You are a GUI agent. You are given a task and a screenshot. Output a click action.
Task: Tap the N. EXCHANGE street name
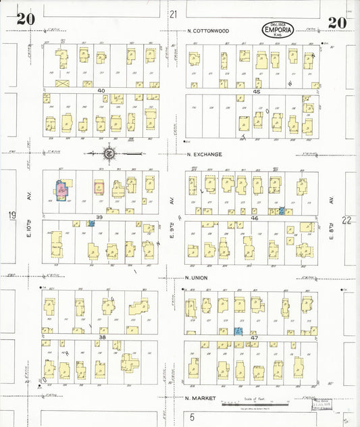(x=205, y=154)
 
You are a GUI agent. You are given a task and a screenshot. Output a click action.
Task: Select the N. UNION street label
(x=199, y=277)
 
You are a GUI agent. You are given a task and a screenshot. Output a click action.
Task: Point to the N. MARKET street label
(x=201, y=398)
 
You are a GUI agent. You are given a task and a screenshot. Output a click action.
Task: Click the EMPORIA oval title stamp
(x=278, y=30)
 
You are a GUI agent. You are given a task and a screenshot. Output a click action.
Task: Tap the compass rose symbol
(x=110, y=152)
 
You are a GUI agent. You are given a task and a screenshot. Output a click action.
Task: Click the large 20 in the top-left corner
(x=26, y=19)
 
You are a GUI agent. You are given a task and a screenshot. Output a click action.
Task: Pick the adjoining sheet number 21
(x=174, y=14)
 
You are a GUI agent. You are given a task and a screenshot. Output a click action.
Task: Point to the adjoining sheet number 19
(x=11, y=216)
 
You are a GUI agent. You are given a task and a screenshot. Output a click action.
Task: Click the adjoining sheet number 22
(x=347, y=220)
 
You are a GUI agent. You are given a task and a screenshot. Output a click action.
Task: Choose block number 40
(x=101, y=91)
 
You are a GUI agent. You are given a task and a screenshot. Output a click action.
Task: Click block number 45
(x=257, y=91)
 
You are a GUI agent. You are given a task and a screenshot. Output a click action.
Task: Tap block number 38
(x=103, y=336)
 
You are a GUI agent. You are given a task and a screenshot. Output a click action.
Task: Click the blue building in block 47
(x=238, y=330)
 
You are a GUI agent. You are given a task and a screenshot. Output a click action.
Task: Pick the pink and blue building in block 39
(x=61, y=190)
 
